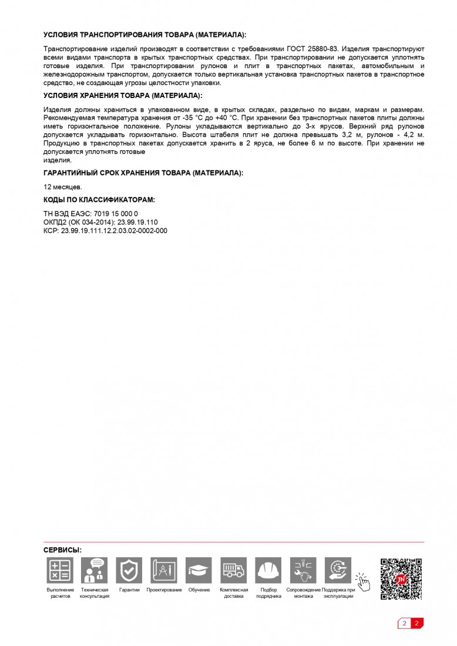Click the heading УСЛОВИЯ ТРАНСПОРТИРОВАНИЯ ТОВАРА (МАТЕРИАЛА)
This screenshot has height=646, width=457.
[x=145, y=35]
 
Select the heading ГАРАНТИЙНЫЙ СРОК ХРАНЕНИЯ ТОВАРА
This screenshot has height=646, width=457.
[x=143, y=173]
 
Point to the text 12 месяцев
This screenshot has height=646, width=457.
[x=63, y=187]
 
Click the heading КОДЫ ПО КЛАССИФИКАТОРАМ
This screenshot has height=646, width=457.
[x=99, y=200]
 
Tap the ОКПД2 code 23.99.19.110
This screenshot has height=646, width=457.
[x=137, y=223]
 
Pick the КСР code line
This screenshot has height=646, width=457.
[x=105, y=231]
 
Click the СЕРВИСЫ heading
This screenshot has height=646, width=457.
[x=62, y=550]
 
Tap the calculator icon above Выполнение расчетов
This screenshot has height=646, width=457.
[x=60, y=570]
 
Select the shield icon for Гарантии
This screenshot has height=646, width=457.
[x=129, y=570]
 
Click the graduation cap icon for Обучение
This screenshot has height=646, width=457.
[x=199, y=570]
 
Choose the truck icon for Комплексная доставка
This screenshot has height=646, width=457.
[x=233, y=570]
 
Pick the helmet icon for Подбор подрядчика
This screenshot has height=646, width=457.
[x=268, y=570]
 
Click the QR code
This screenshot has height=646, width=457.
[x=401, y=578]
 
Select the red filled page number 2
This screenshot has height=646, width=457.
[x=416, y=624]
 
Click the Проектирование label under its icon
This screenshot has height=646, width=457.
[x=164, y=590]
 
